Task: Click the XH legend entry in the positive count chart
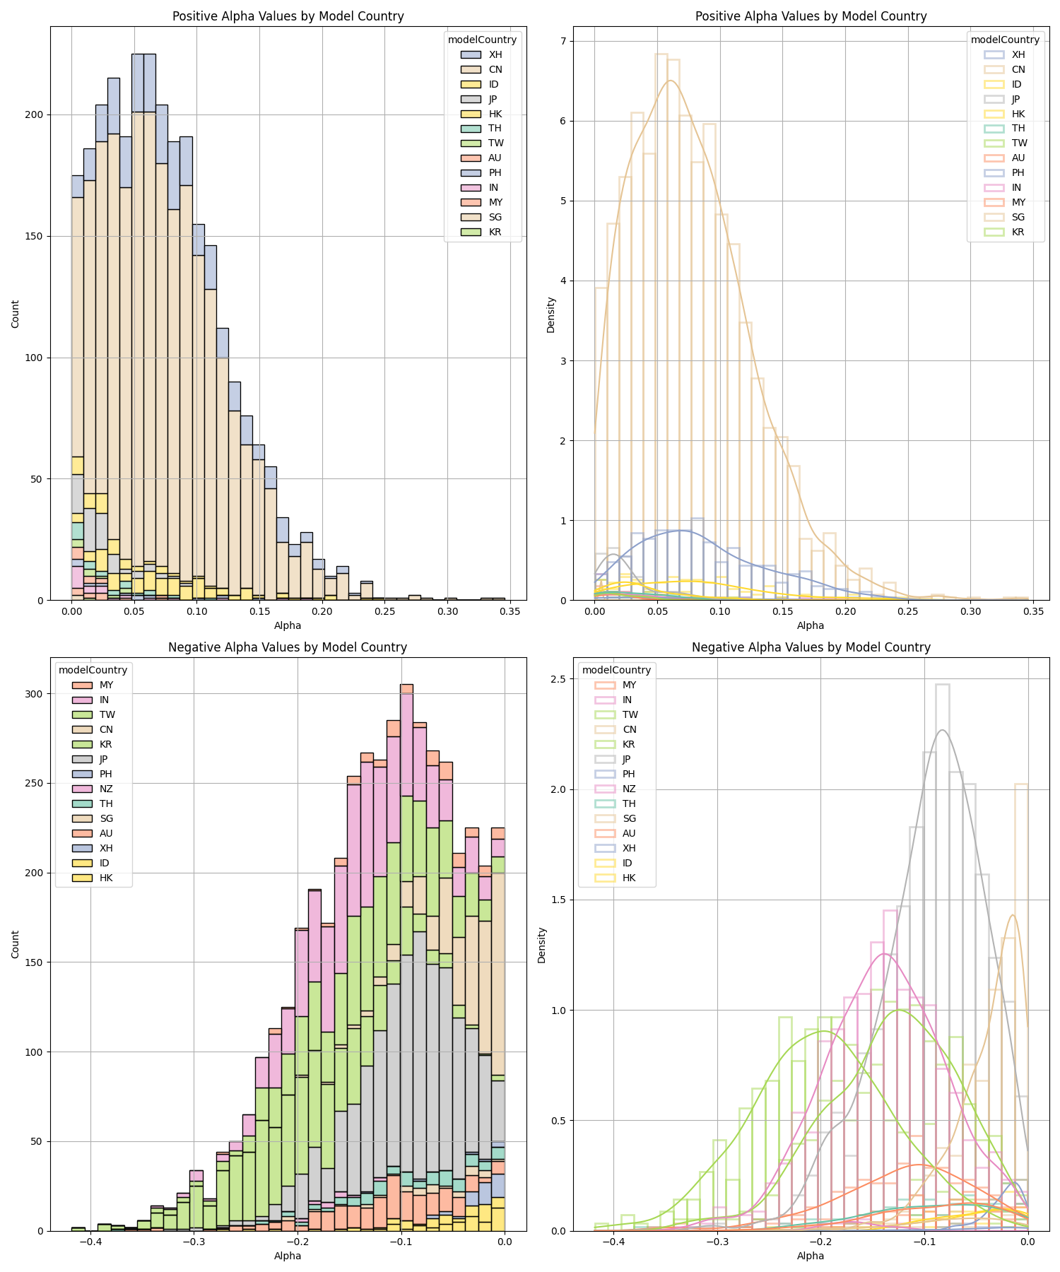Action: (x=495, y=54)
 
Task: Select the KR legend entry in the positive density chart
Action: (x=1018, y=232)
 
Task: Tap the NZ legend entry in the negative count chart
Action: (x=106, y=789)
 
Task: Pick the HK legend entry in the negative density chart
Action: (x=629, y=878)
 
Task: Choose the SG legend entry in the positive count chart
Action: (x=495, y=217)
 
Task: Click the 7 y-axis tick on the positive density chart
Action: (x=564, y=41)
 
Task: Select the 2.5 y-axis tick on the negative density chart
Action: (x=558, y=679)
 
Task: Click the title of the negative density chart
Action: (x=811, y=647)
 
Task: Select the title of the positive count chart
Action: (x=288, y=16)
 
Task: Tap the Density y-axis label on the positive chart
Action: (x=551, y=314)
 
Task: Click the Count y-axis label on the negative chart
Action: (x=16, y=944)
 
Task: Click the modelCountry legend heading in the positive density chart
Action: (x=1005, y=40)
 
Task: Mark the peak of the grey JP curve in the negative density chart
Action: (x=942, y=730)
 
